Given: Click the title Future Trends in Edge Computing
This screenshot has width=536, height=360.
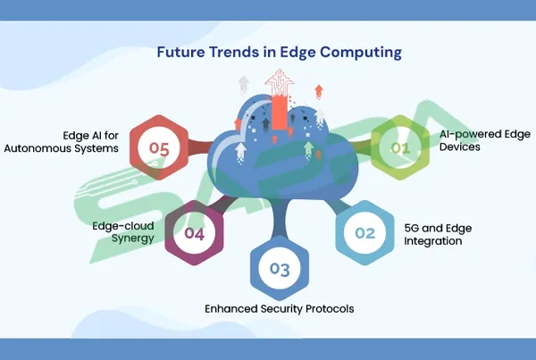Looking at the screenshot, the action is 280,53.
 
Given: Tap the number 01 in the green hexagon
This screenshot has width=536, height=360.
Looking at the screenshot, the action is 400,148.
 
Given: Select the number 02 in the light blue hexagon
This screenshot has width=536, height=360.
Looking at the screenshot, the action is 365,233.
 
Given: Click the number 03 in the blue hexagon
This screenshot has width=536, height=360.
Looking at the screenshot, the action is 280,269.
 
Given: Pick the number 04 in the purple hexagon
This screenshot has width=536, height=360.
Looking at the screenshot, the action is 194,233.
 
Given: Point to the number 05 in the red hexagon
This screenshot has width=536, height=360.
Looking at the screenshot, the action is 159,148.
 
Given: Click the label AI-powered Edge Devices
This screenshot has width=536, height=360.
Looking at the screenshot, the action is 485,140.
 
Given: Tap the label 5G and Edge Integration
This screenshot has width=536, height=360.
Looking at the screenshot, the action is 438,235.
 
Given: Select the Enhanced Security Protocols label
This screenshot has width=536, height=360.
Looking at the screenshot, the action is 280,309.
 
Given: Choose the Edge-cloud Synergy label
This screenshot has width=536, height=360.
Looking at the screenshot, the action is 123,232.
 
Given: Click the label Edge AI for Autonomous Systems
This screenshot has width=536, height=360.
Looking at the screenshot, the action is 62,142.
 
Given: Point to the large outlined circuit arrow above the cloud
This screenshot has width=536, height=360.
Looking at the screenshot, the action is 280,83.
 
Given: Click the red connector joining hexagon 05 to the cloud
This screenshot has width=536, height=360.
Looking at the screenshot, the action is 200,147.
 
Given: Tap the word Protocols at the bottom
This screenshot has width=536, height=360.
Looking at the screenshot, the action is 330,309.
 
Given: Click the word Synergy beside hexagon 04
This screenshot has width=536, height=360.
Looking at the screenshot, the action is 133,239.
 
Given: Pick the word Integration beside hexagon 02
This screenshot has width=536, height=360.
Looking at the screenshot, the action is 433,241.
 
